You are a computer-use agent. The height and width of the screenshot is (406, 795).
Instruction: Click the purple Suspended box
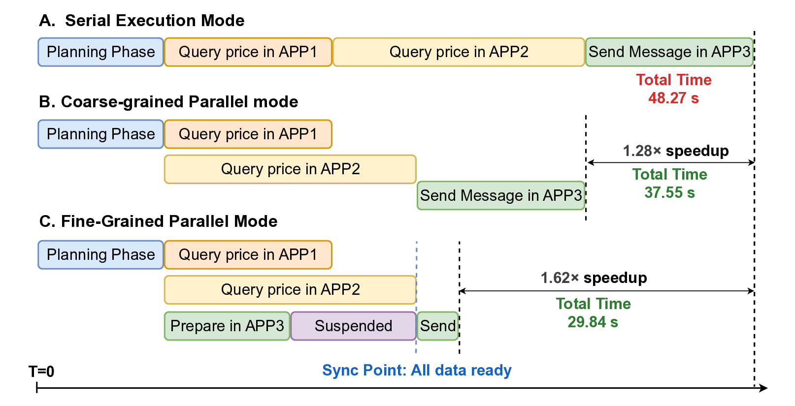click(x=353, y=326)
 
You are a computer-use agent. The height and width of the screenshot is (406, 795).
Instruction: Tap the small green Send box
click(x=438, y=326)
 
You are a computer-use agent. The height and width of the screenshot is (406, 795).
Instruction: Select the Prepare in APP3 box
click(x=227, y=326)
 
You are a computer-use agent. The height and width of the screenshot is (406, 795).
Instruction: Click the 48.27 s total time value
click(x=673, y=98)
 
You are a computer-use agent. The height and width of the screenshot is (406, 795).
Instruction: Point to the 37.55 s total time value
click(x=669, y=192)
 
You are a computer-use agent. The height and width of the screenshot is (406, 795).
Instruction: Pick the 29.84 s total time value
click(x=593, y=322)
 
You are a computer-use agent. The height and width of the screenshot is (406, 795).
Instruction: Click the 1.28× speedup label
click(x=675, y=151)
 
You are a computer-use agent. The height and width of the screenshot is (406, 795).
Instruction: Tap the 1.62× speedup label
click(x=594, y=278)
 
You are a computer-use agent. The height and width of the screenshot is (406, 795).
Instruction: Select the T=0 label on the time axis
click(x=41, y=371)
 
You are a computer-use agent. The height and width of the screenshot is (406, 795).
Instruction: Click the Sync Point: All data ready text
click(x=417, y=370)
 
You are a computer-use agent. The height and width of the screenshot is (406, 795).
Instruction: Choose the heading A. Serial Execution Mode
click(x=142, y=21)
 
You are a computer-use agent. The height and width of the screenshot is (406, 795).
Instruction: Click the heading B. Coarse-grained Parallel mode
click(x=168, y=102)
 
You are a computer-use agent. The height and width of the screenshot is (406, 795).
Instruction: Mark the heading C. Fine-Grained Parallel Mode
click(x=158, y=221)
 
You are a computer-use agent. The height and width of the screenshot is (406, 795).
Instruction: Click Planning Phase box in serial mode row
click(x=100, y=52)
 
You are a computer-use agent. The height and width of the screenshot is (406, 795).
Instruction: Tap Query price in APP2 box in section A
click(x=459, y=52)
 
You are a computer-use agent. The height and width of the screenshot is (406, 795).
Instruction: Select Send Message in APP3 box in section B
click(x=501, y=195)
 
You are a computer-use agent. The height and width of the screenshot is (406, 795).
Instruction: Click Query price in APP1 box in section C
click(x=248, y=254)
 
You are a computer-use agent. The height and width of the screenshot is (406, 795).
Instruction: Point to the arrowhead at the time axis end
click(x=764, y=388)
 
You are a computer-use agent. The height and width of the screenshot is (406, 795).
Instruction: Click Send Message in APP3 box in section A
click(x=669, y=52)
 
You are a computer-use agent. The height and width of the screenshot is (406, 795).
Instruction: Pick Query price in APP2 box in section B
click(x=290, y=169)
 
